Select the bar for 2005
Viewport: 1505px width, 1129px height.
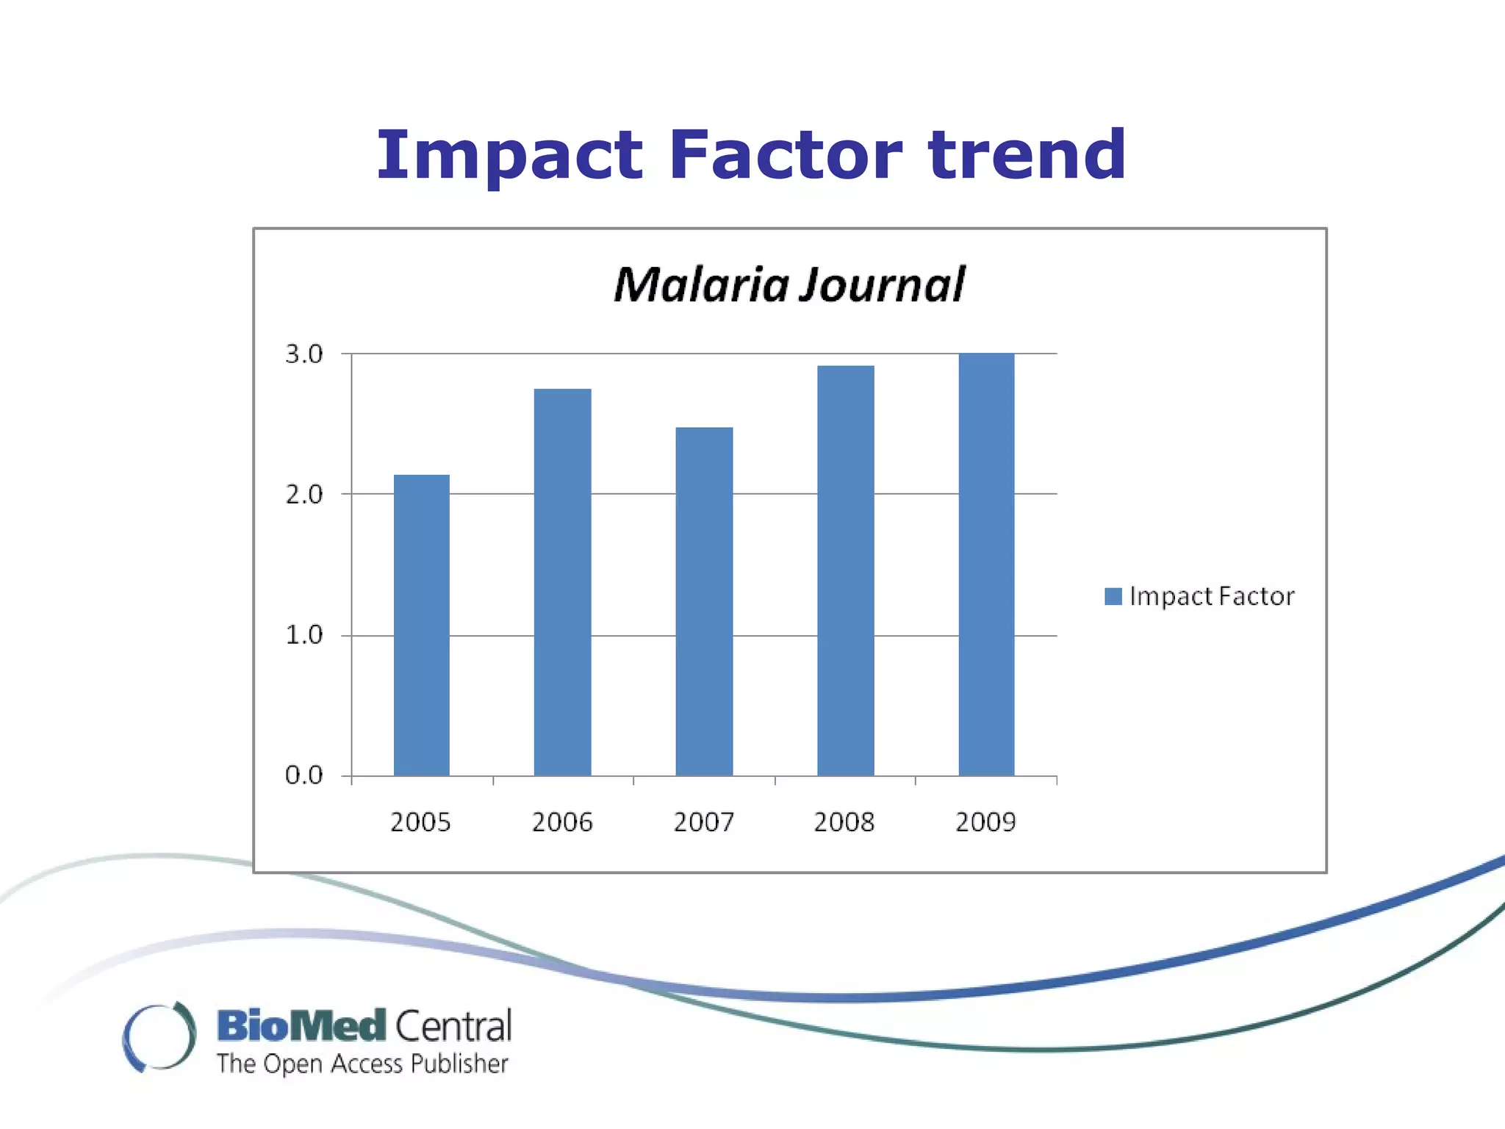click(x=421, y=625)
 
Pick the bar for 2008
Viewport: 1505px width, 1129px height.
click(x=845, y=570)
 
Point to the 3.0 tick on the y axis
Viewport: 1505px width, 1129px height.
click(x=303, y=354)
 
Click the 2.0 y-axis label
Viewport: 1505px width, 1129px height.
click(x=303, y=495)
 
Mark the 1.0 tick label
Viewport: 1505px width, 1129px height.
click(x=303, y=635)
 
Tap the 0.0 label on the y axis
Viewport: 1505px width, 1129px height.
click(x=303, y=775)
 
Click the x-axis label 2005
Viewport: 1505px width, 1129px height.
click(x=420, y=822)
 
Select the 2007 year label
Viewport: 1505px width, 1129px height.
click(x=703, y=822)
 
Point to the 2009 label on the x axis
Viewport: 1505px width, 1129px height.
click(x=985, y=822)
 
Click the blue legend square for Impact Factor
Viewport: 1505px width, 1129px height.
click(x=1113, y=596)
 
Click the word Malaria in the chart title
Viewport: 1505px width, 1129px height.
click(x=701, y=285)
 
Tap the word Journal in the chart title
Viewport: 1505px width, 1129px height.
click(x=883, y=285)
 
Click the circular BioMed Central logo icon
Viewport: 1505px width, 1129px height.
click(x=159, y=1036)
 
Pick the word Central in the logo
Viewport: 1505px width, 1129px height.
click(x=453, y=1026)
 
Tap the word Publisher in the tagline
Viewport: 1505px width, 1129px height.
click(x=459, y=1064)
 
